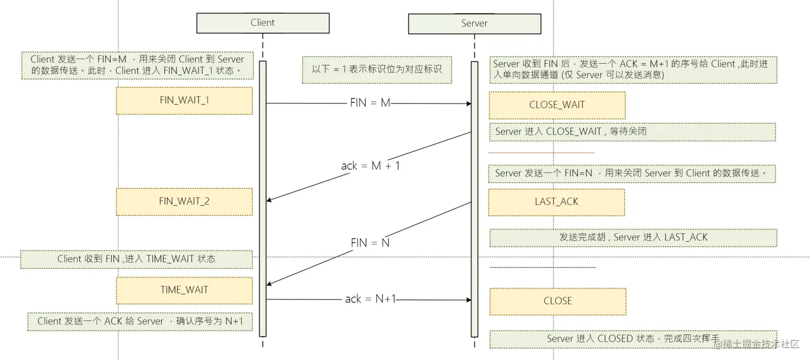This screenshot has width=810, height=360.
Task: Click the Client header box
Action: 262,23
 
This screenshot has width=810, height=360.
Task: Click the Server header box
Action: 474,24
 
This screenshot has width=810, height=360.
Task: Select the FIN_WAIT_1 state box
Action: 184,101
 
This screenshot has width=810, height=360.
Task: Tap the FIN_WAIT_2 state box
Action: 184,202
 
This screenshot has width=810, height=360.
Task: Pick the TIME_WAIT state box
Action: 184,290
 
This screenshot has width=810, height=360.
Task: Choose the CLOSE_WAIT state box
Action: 557,105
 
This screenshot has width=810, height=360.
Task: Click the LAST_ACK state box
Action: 556,202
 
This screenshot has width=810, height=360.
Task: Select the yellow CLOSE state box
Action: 557,301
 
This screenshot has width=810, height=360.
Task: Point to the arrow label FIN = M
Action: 370,103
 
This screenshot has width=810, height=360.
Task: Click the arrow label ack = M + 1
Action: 370,166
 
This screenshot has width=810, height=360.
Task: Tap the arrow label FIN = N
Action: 370,243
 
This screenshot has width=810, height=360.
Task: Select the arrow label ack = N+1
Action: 370,299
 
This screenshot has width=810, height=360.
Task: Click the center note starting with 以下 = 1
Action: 377,70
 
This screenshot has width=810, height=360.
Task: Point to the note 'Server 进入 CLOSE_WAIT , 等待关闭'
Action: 632,132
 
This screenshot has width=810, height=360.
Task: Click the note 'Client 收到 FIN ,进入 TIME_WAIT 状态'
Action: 137,259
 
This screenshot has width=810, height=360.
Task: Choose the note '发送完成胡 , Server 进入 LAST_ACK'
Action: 633,237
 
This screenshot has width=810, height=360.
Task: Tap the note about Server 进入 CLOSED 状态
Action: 633,339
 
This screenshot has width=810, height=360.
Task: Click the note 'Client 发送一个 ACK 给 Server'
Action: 140,321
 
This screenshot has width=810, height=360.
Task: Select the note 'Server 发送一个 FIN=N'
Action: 632,173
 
